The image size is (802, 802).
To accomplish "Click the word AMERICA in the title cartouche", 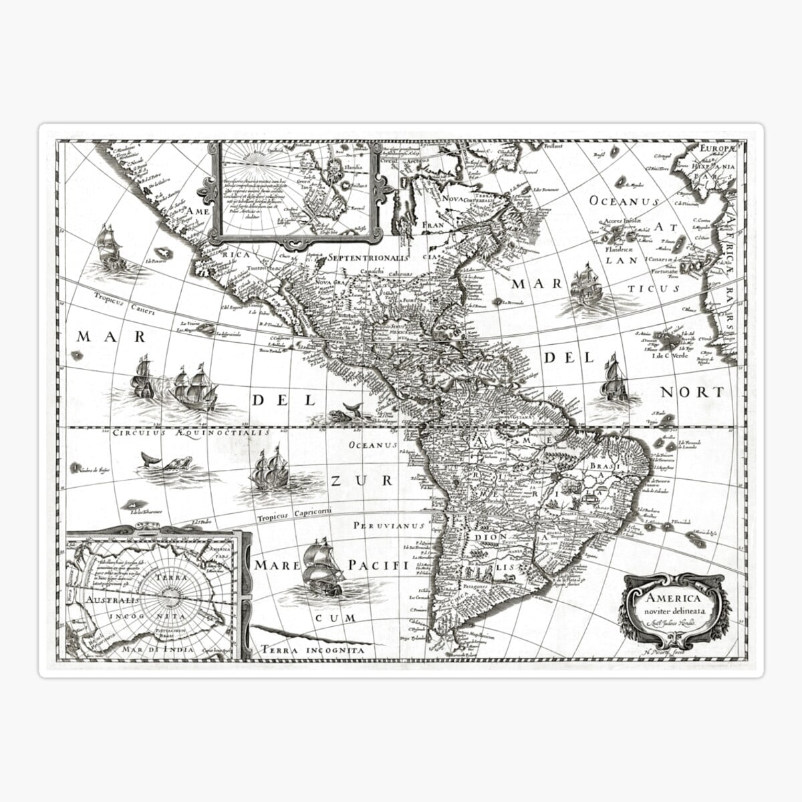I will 673,598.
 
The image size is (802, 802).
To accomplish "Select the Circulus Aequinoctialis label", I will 190,433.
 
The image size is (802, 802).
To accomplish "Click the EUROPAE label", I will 717,148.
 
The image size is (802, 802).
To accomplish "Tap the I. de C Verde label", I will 670,354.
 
